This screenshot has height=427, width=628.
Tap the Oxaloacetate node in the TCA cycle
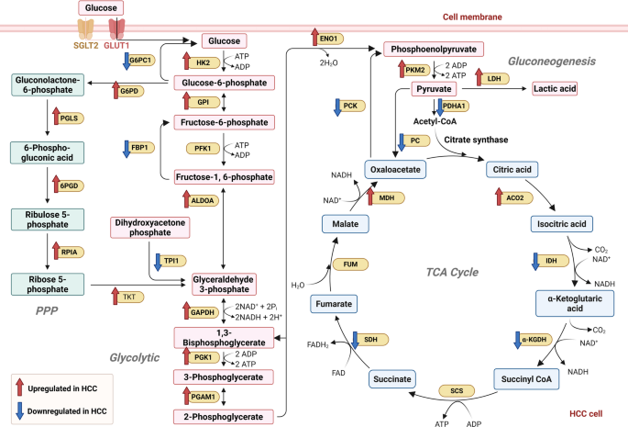tap(396, 168)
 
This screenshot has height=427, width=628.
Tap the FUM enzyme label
tap(350, 264)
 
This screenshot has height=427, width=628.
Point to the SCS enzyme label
tap(457, 390)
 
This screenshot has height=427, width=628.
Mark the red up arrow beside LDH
tap(479, 77)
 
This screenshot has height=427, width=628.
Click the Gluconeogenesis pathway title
tap(547, 61)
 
